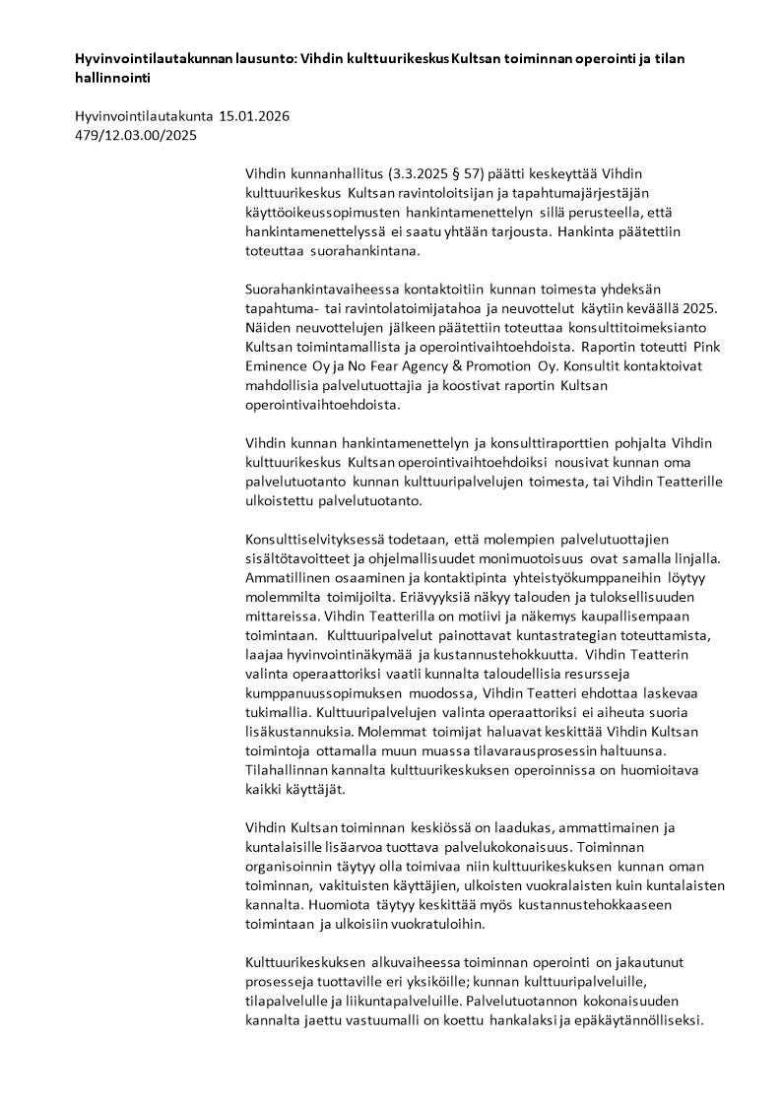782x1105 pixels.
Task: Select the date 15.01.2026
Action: [x=254, y=116]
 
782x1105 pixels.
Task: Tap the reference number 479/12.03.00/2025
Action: [x=136, y=135]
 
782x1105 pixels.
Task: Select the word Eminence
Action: [x=278, y=365]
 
